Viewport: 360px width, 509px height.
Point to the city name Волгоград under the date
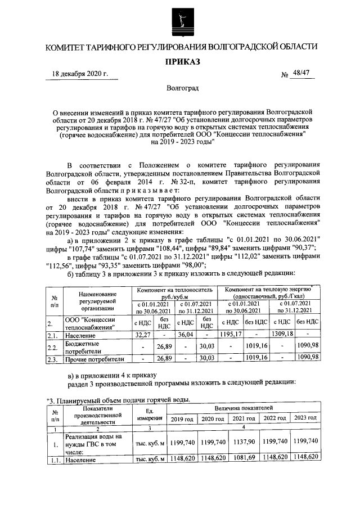pos(182,88)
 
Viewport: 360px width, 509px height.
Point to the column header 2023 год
pos(306,419)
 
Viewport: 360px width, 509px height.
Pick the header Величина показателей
pos(243,407)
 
